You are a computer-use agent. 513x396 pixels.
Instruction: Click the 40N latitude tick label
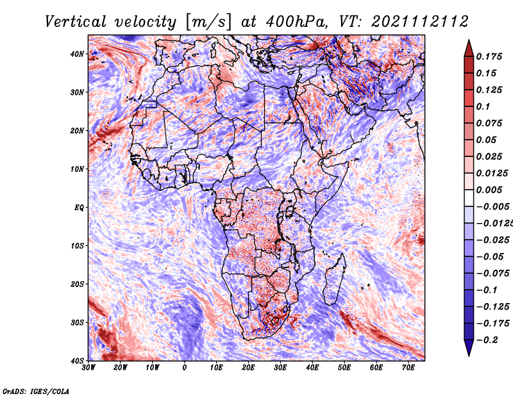coord(76,54)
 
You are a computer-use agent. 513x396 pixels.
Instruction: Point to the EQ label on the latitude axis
coord(79,208)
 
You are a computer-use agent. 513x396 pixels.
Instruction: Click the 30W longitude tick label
coord(88,368)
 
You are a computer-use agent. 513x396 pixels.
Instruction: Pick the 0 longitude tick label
coord(185,368)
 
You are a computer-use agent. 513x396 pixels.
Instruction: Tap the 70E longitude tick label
coord(408,368)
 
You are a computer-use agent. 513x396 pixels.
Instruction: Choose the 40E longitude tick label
coord(312,368)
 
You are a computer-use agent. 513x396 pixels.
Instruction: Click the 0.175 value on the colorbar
coord(489,56)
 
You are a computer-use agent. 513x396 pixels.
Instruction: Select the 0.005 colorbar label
coord(489,190)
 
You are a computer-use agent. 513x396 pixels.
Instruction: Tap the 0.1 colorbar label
coord(483,106)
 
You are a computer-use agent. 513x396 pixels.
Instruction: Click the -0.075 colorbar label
coord(492,273)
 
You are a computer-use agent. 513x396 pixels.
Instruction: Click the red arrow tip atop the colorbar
coord(469,40)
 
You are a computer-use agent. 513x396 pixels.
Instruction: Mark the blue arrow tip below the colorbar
coord(469,356)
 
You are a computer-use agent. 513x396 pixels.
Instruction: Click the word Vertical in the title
coord(75,22)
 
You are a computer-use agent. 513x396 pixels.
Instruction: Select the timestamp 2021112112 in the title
coord(420,22)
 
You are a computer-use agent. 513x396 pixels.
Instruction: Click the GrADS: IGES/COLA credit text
coord(36,391)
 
